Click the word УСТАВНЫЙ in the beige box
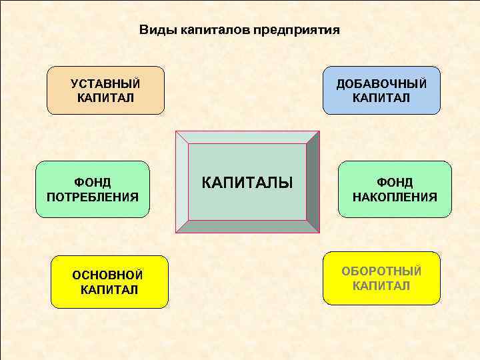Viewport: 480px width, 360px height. [x=105, y=84]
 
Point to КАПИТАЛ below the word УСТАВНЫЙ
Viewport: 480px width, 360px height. [x=105, y=98]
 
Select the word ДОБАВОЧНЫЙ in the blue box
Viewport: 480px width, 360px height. [x=381, y=84]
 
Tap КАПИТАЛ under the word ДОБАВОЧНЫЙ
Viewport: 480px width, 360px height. [x=381, y=98]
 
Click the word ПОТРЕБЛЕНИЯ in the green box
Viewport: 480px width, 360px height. [x=93, y=197]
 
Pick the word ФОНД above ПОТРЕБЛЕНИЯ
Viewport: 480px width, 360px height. [x=93, y=182]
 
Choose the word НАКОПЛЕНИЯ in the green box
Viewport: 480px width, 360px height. [x=395, y=197]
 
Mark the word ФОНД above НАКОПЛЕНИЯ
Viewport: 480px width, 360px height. [x=395, y=182]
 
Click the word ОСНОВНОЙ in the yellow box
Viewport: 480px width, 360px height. [x=108, y=275]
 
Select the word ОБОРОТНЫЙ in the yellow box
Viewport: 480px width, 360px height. [x=381, y=271]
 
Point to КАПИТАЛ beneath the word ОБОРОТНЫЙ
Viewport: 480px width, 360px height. [x=381, y=286]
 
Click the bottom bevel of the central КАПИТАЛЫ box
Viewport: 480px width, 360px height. [x=247, y=226]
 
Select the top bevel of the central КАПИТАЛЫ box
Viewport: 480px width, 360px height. [x=247, y=137]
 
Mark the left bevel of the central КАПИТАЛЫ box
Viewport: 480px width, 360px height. [x=182, y=182]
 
